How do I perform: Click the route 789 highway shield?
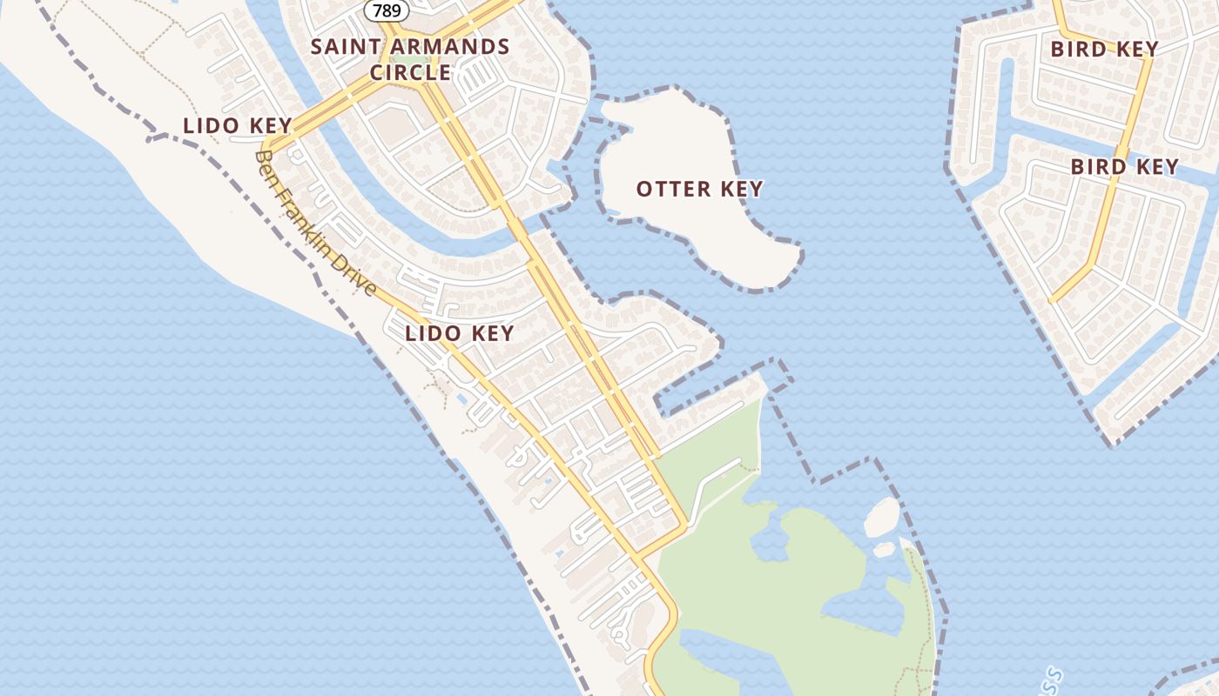tap(387, 10)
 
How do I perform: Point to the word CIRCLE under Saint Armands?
tap(410, 72)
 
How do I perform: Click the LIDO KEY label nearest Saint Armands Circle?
tap(237, 125)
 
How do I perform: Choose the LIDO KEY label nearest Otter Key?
tap(459, 333)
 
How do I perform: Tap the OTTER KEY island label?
tap(699, 189)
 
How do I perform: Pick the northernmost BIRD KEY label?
tap(1104, 49)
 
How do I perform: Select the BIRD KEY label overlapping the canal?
tap(1124, 166)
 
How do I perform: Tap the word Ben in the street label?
tap(266, 164)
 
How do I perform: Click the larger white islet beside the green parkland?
tap(881, 517)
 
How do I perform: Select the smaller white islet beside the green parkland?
tap(884, 549)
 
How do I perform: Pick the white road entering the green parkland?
tap(710, 487)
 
